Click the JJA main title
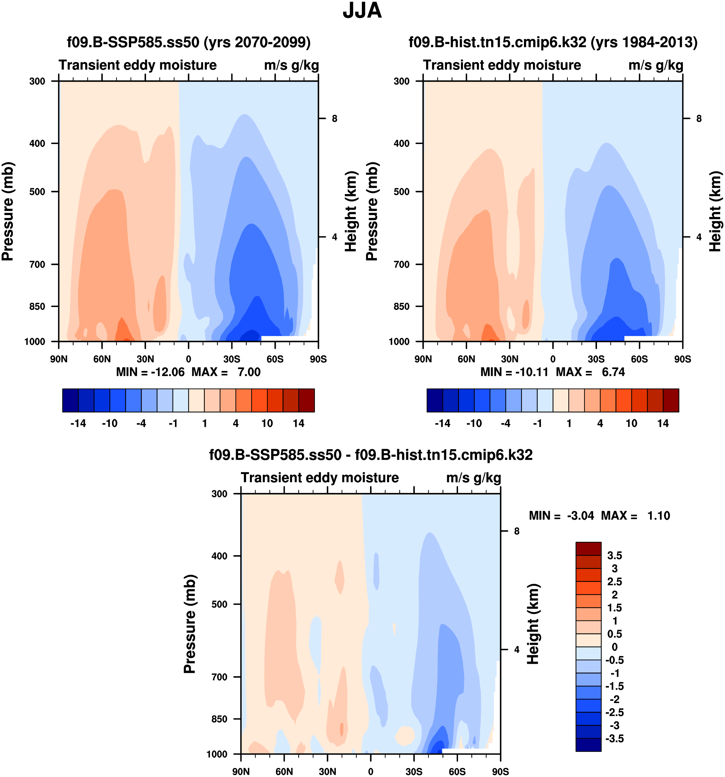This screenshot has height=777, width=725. tap(362, 11)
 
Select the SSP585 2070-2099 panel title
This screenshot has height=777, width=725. tap(188, 42)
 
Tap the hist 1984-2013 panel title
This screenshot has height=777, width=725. tap(553, 42)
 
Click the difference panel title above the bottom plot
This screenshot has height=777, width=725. tap(371, 455)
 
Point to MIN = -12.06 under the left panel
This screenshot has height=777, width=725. tap(150, 372)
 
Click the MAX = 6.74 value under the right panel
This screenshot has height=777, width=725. tap(591, 372)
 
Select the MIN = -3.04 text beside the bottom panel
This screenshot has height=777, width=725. tap(561, 516)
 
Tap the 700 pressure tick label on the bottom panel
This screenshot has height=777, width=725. tap(219, 677)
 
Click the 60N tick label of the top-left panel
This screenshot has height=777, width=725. tap(102, 359)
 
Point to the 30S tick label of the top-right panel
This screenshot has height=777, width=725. tap(596, 359)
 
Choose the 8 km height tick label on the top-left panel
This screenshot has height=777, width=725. tap(334, 118)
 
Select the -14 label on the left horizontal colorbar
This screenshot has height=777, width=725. tap(78, 423)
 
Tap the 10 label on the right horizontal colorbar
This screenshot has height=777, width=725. tap(631, 423)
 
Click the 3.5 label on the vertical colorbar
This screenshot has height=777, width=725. tap(614, 556)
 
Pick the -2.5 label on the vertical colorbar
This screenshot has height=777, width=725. tap(614, 712)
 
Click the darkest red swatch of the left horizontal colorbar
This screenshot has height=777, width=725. tap(307, 400)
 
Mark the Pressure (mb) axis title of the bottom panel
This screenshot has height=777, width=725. tap(190, 624)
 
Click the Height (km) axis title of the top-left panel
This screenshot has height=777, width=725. tap(351, 211)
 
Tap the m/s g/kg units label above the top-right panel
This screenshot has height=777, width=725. tap(656, 65)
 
